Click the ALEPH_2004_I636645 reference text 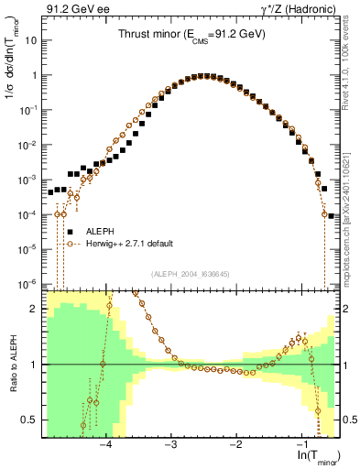[x=190, y=273]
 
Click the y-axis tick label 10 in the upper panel [x=33, y=41]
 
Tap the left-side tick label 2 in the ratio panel [x=38, y=309]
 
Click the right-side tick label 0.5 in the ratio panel [x=348, y=420]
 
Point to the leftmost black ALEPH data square [x=51, y=193]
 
